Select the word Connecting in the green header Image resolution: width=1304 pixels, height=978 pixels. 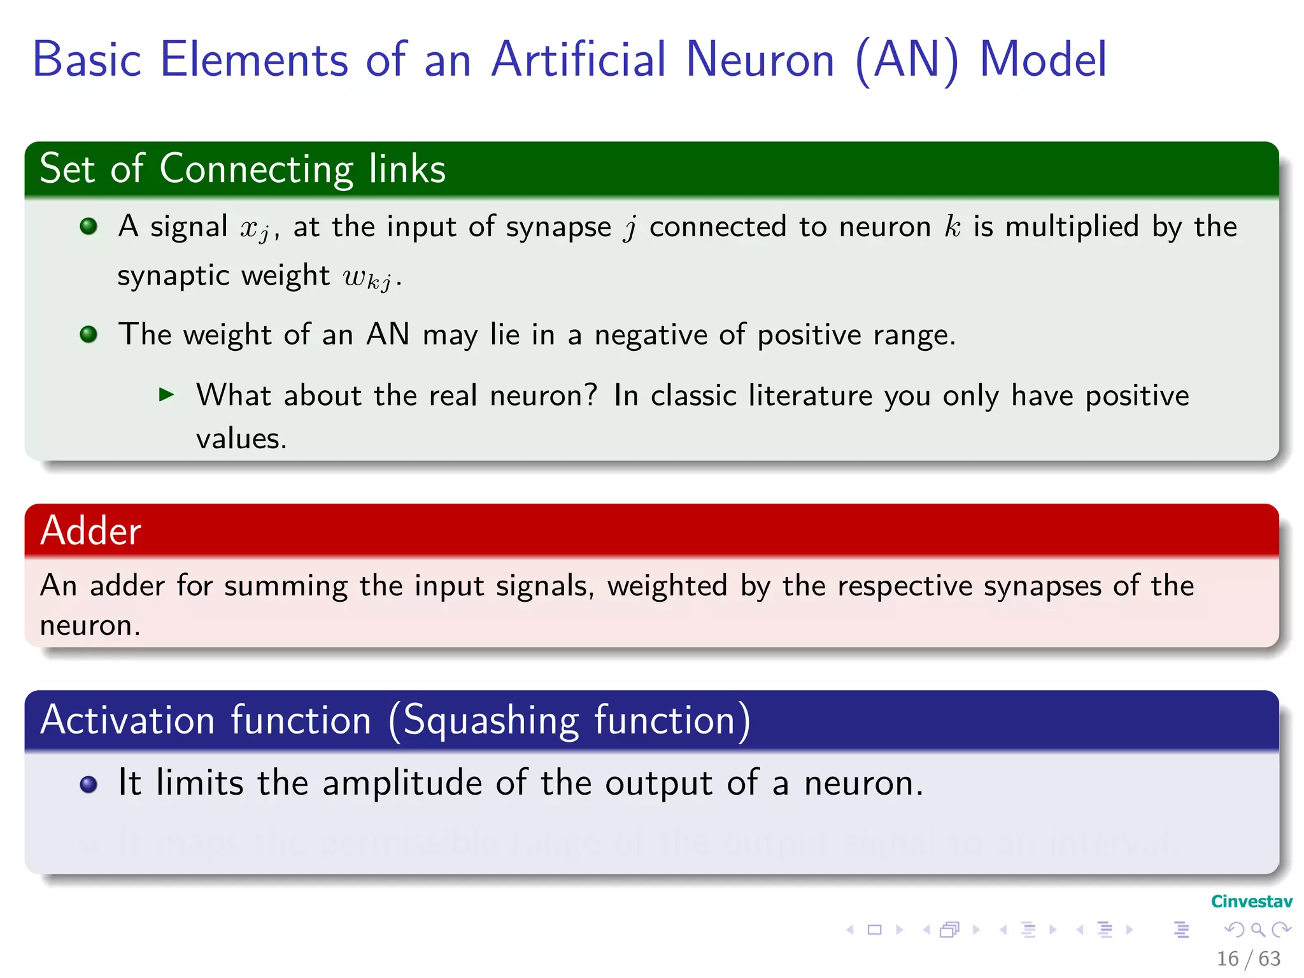[256, 169]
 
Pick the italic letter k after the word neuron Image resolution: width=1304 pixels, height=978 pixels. [952, 227]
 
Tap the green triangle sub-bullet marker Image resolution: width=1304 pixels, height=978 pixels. [167, 395]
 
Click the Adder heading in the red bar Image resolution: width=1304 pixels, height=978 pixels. [90, 530]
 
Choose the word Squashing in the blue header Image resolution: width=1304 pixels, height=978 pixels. [491, 721]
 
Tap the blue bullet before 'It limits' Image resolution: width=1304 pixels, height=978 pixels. [89, 784]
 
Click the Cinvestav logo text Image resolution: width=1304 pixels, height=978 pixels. [1251, 902]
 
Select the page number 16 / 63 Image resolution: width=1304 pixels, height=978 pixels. [1248, 958]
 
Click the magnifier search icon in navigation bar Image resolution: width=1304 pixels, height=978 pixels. [1258, 930]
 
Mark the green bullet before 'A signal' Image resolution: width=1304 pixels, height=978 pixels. [89, 226]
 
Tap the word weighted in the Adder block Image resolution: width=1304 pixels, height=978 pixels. [667, 586]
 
